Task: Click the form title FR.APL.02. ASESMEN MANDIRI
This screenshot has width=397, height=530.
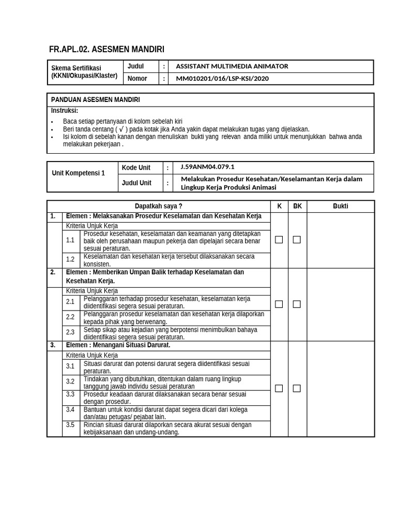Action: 106,50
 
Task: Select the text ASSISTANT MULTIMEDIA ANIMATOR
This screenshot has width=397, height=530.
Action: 232,66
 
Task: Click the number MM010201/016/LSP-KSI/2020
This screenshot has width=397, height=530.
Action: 222,79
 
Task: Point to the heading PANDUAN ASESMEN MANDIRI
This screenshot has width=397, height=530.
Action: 96,99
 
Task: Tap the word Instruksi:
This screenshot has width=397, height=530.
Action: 65,110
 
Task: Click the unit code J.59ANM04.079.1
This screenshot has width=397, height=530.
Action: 207,167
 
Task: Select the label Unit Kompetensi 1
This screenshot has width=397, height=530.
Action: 79,173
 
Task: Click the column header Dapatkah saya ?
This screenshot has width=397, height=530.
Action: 159,206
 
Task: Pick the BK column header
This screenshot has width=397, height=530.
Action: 297,206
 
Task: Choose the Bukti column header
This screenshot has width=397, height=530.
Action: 341,206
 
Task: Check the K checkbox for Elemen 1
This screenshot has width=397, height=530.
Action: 279,240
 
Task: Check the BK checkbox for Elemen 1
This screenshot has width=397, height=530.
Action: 297,240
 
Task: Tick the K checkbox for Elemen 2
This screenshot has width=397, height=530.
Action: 279,304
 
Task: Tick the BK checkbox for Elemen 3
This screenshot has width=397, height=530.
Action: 297,388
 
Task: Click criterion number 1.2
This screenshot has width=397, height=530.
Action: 70,260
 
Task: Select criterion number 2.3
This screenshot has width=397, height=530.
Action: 70,332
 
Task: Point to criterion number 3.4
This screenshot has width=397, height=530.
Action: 70,409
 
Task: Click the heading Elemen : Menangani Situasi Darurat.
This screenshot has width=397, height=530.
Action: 118,345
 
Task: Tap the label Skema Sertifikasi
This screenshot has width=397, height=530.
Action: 76,68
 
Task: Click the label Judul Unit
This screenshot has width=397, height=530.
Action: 137,183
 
